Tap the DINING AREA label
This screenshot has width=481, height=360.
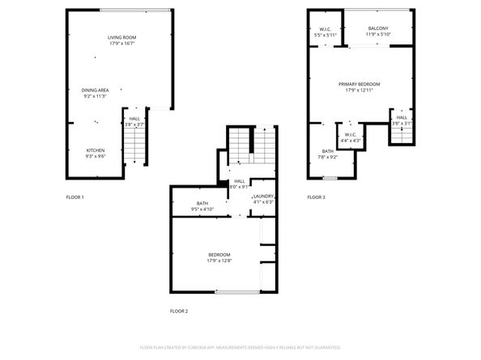(x=96, y=90)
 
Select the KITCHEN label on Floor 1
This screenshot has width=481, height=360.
(x=96, y=150)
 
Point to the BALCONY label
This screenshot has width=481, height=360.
(x=377, y=28)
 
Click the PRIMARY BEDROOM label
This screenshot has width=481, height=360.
(x=359, y=84)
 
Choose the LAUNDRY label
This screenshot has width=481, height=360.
(x=263, y=197)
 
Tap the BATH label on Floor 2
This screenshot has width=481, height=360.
(x=202, y=203)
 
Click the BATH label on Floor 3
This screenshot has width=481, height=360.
(x=327, y=151)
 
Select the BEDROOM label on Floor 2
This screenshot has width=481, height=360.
(x=219, y=255)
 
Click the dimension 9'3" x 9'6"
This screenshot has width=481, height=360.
(x=96, y=157)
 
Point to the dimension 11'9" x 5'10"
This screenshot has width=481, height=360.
(x=377, y=35)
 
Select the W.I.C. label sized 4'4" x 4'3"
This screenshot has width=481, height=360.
(x=351, y=135)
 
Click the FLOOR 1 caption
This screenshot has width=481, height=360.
(x=74, y=197)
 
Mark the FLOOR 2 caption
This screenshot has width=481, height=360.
(x=178, y=311)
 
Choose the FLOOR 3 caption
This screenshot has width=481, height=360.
(x=316, y=197)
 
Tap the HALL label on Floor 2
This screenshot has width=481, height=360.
(x=240, y=181)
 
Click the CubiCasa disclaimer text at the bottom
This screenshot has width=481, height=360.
(x=240, y=347)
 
